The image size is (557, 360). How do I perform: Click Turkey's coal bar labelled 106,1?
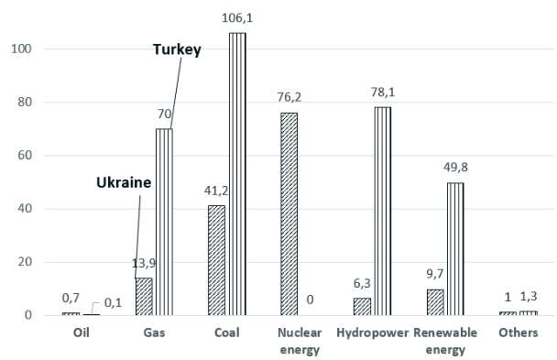pos(237,174)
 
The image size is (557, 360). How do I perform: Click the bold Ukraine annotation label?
pos(124,182)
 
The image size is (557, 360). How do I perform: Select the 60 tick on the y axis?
pos(27,156)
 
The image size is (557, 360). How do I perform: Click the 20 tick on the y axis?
pos(27,262)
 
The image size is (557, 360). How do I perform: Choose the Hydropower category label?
pos(371,333)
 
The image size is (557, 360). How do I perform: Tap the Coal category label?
pos(227,333)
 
